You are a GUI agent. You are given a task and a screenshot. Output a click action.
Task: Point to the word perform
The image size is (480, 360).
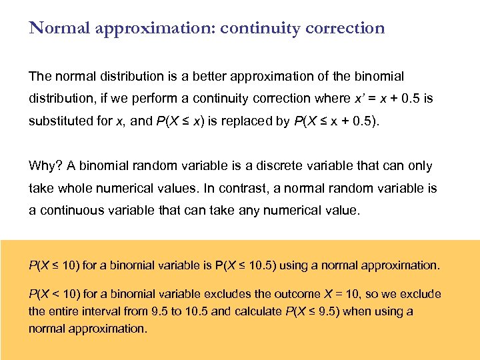163,99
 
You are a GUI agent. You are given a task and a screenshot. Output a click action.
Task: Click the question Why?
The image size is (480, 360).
43,166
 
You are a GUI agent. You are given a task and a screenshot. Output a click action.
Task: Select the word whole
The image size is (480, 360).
72,188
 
